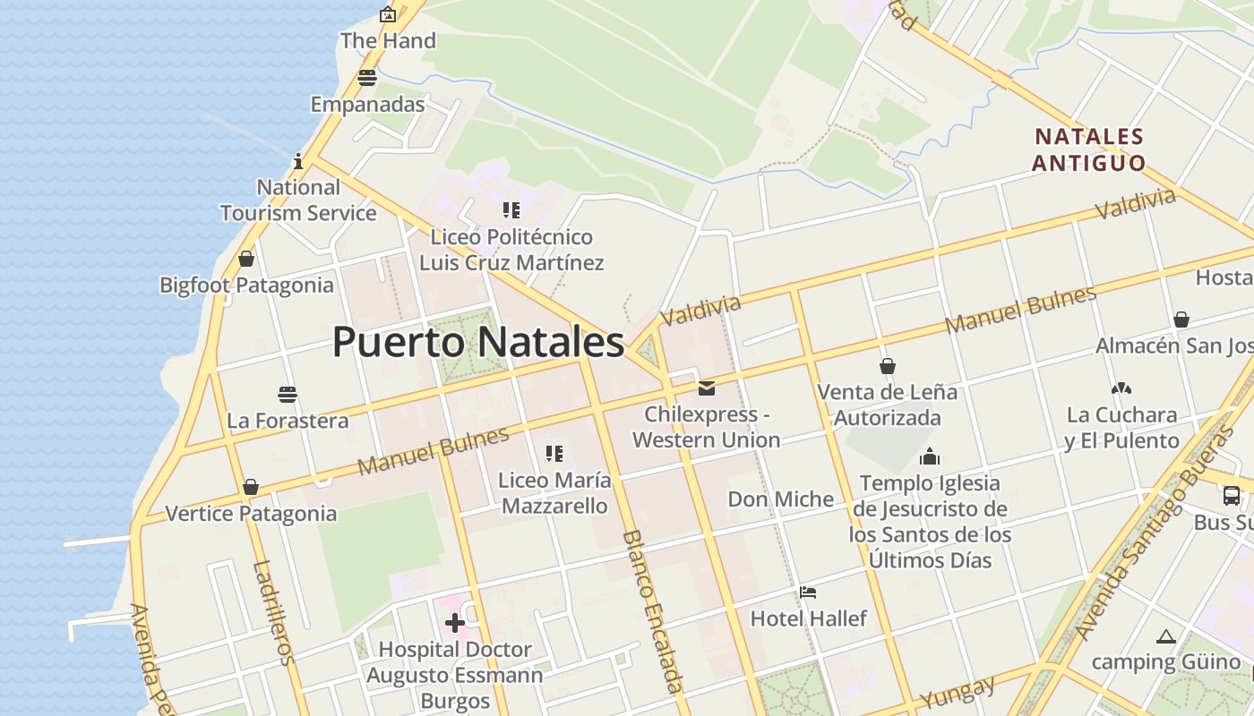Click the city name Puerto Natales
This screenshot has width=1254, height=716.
click(477, 343)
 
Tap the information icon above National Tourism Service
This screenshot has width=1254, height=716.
click(298, 161)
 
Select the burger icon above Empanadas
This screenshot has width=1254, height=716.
click(367, 78)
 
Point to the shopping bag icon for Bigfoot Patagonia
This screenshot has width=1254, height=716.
click(246, 259)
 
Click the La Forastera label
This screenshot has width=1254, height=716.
click(288, 420)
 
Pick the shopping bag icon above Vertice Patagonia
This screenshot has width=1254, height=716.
click(251, 487)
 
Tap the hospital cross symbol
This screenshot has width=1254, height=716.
click(455, 623)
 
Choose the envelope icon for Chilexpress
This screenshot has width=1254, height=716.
click(707, 388)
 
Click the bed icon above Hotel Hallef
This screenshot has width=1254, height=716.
click(808, 592)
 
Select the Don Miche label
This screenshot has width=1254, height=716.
click(780, 499)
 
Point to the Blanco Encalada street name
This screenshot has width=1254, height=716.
click(653, 611)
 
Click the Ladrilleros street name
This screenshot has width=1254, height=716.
click(274, 613)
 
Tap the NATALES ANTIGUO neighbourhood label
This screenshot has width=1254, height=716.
click(1088, 149)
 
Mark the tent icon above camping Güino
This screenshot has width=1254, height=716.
click(1165, 636)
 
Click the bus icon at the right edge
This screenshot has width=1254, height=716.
click(1232, 496)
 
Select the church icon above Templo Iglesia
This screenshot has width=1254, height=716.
click(930, 456)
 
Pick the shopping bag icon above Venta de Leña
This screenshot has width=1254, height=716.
click(888, 366)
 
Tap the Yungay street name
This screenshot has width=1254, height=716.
click(958, 693)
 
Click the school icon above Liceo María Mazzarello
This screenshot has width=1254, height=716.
click(554, 454)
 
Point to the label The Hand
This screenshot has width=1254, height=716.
click(388, 40)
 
